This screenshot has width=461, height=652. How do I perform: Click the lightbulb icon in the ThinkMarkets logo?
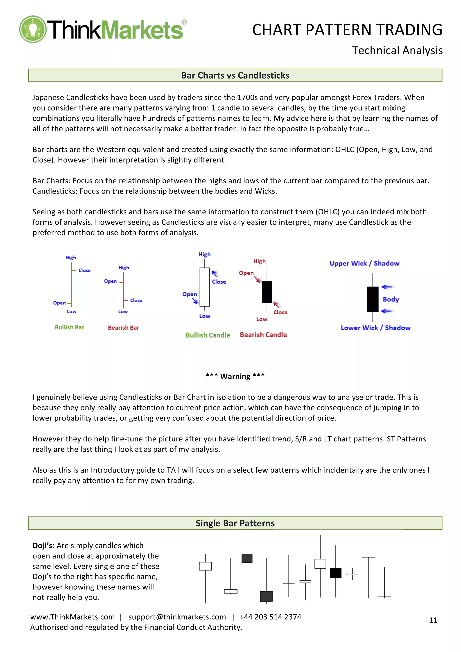tap(33, 29)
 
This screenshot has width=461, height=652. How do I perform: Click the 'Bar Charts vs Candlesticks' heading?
tap(235, 75)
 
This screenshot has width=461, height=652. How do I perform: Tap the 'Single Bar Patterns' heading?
tap(235, 523)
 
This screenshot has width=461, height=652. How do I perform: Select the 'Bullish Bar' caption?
tap(69, 327)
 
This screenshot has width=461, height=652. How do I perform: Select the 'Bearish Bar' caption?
tap(123, 327)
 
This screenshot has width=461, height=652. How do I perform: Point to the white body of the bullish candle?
tap(205, 287)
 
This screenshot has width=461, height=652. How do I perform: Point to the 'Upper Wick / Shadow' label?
tap(364, 263)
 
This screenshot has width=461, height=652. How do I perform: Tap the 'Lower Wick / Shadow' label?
tap(375, 328)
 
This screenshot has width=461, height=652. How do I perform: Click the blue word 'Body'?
tap(391, 299)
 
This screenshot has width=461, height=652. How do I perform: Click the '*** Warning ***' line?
tap(235, 376)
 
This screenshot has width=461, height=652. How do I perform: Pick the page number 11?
tap(433, 620)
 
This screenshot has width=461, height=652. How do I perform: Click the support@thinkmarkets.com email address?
tap(177, 617)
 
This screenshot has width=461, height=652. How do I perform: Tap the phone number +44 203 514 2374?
tap(270, 617)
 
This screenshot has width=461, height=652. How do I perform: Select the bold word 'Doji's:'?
tap(43, 546)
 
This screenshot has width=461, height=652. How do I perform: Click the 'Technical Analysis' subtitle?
tap(397, 51)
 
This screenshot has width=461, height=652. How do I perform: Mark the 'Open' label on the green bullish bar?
tap(59, 303)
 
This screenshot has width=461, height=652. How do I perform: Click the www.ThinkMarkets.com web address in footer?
tap(72, 617)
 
